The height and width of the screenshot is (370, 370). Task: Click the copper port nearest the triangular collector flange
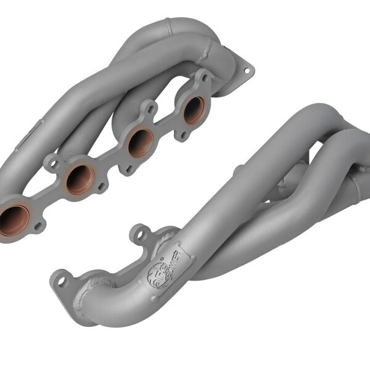tap(194, 110)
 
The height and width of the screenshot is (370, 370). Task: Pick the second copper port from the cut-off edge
tap(80, 179)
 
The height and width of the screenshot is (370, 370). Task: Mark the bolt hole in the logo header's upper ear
tap(139, 234)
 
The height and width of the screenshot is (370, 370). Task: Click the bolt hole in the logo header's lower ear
tap(62, 281)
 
